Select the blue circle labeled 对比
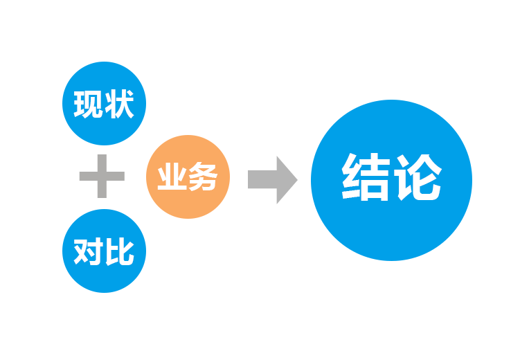coord(104,251)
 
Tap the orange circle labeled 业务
coord(187,177)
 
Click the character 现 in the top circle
coord(88,105)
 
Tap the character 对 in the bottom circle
coord(88,251)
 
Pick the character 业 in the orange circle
coord(172,178)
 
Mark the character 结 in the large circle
coord(366,179)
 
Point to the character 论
coord(418,179)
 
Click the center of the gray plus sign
coord(102,177)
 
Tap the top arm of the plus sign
coord(102,161)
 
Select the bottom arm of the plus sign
coord(102,194)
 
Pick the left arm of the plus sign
coord(87,177)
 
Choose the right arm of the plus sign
coord(118,177)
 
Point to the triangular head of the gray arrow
coord(286,179)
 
